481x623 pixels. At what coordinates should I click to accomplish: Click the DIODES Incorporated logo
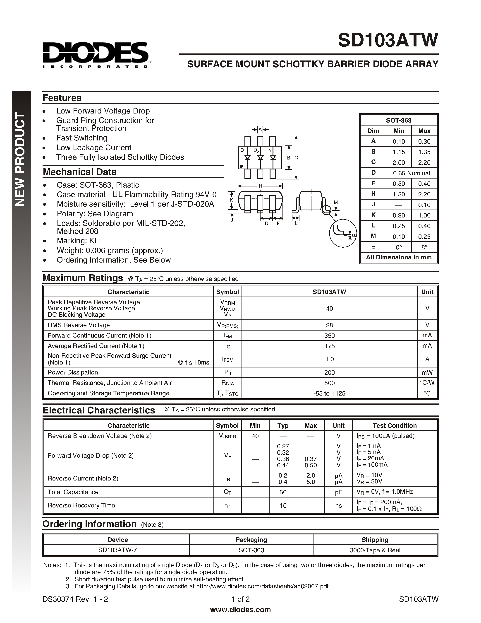(96, 55)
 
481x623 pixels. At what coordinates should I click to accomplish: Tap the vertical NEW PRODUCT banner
(21, 159)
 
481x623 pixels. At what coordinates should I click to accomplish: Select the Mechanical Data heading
(79, 172)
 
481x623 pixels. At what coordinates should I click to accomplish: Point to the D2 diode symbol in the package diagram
(260, 157)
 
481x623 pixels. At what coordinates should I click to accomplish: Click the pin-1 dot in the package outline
(241, 166)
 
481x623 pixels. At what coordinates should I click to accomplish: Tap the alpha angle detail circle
(343, 233)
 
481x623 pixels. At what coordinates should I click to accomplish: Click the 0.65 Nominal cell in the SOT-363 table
(411, 173)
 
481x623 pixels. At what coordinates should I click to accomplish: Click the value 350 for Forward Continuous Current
(329, 336)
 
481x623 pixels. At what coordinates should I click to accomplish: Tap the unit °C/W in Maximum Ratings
(427, 383)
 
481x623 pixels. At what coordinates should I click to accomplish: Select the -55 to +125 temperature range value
(329, 393)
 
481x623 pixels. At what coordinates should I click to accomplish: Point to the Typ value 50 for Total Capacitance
(283, 492)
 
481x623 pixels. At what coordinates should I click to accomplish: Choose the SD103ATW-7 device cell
(117, 550)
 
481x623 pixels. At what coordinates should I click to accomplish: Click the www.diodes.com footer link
(240, 610)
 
